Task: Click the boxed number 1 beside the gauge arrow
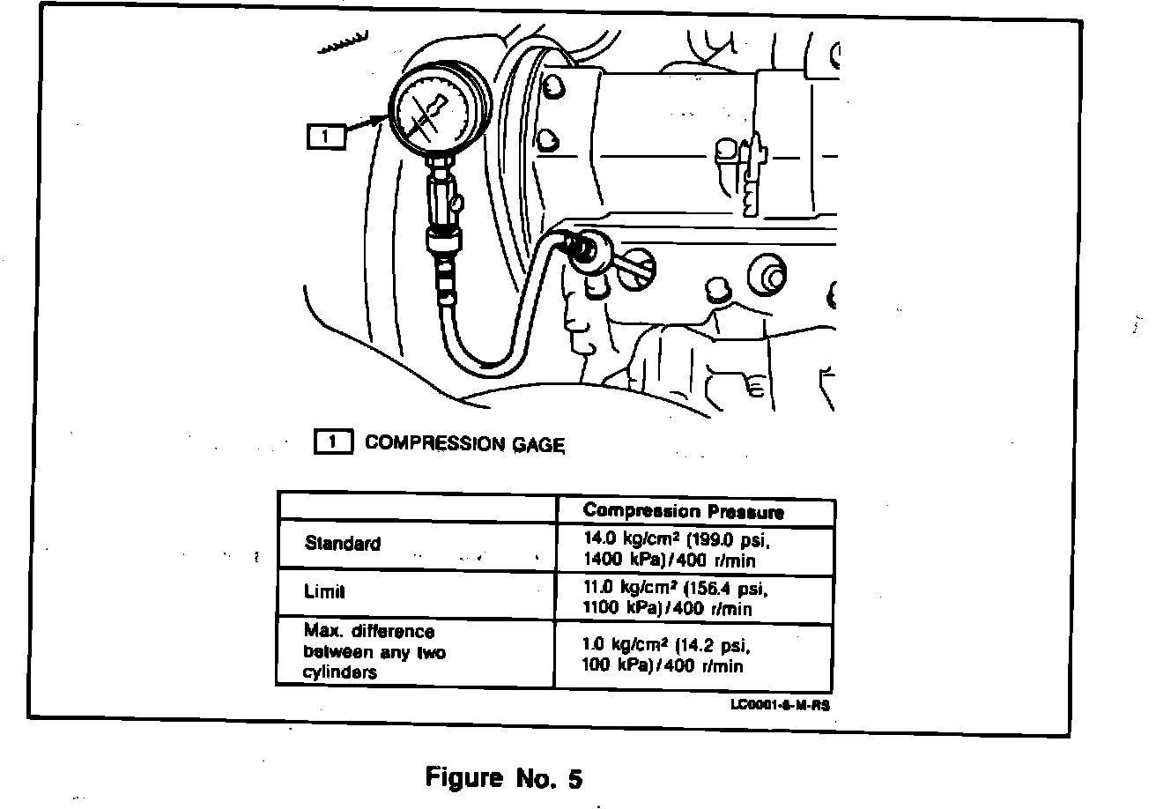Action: click(x=325, y=137)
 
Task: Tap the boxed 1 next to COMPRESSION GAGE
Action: click(x=334, y=442)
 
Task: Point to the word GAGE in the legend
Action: click(x=536, y=444)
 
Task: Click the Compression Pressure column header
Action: click(x=683, y=511)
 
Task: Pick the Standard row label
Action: click(x=343, y=543)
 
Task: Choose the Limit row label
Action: click(x=324, y=592)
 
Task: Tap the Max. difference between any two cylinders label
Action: click(x=374, y=652)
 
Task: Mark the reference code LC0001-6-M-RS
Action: click(x=779, y=705)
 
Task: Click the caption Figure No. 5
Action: click(x=504, y=778)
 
